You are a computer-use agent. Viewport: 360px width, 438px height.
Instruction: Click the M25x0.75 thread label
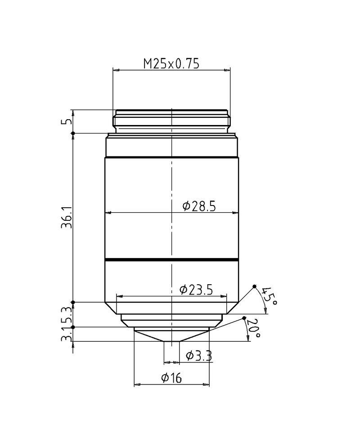click(171, 64)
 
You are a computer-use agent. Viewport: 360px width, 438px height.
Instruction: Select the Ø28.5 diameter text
click(199, 206)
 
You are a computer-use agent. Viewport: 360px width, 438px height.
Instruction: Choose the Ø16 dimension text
click(171, 378)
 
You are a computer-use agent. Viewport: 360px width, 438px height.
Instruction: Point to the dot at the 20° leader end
click(244, 318)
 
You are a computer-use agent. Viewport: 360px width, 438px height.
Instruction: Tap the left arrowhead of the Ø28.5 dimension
click(108, 213)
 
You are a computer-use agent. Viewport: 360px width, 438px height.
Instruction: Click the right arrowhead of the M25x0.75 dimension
click(227, 70)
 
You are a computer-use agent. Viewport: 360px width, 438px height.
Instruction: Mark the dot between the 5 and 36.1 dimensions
click(73, 133)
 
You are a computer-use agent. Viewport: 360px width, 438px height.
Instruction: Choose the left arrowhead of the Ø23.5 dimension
click(119, 296)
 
